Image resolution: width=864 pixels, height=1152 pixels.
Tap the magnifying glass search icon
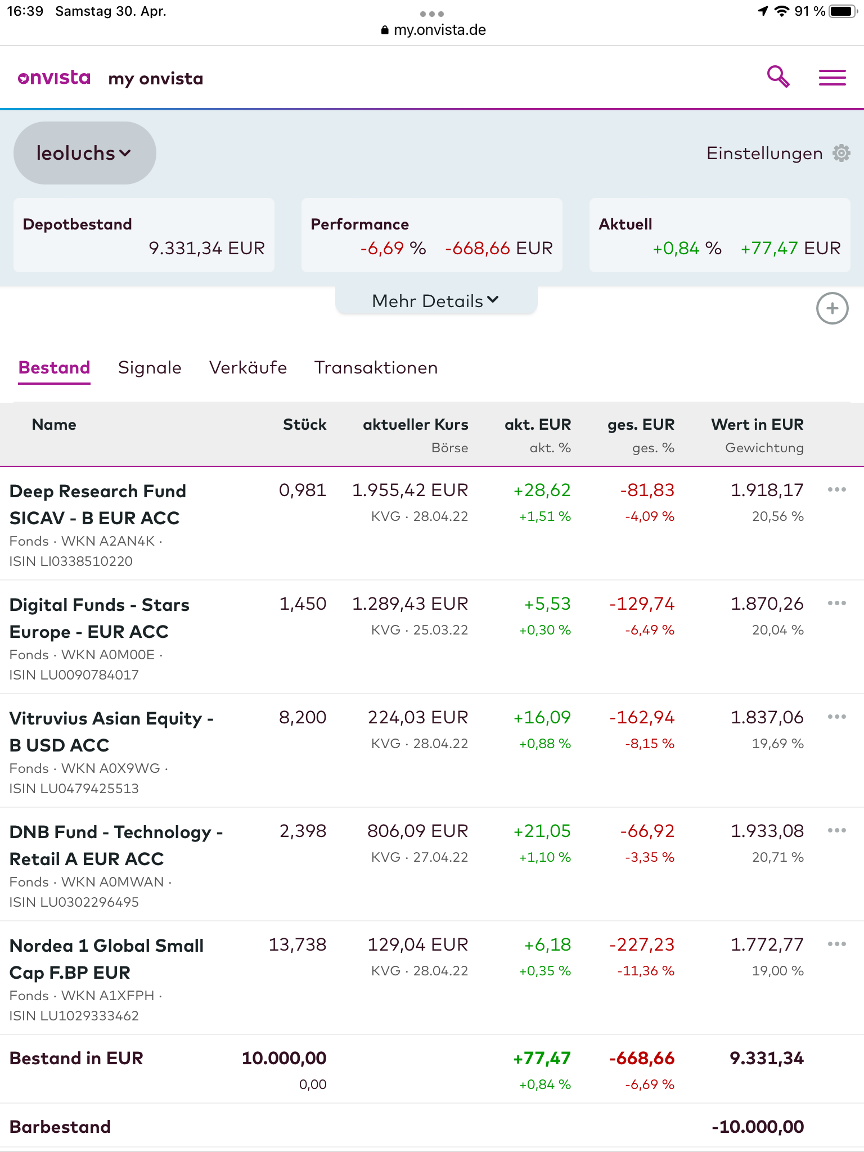[x=778, y=76]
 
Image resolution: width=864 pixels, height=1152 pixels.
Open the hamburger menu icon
[x=832, y=78]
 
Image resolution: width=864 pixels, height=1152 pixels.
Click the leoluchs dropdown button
[x=84, y=153]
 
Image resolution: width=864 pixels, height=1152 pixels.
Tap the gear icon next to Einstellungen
[x=841, y=153]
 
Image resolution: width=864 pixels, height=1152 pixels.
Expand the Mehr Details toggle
[x=436, y=301]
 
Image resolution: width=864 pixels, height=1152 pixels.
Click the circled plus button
[x=832, y=308]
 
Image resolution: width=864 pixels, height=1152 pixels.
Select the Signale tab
[x=150, y=368]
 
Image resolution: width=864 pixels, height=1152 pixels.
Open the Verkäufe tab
[x=248, y=368]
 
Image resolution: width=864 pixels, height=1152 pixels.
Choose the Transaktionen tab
[x=376, y=368]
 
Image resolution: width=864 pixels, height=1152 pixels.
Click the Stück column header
[x=304, y=425]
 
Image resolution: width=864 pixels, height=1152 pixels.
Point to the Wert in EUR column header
[x=757, y=425]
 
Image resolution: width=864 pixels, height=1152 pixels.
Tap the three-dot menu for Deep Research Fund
[x=836, y=490]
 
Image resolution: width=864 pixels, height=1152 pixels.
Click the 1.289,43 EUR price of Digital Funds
[x=410, y=604]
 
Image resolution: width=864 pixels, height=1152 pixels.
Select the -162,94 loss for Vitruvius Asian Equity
[x=642, y=718]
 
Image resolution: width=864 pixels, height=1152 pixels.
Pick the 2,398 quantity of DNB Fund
[x=303, y=831]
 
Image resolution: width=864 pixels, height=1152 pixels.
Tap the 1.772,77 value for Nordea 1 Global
[x=767, y=945]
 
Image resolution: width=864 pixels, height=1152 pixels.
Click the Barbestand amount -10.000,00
[x=758, y=1127]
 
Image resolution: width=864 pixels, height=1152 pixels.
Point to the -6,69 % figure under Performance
[x=393, y=248]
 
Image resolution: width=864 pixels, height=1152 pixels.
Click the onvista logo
[x=54, y=78]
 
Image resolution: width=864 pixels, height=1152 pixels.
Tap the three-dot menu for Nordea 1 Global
[x=836, y=944]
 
